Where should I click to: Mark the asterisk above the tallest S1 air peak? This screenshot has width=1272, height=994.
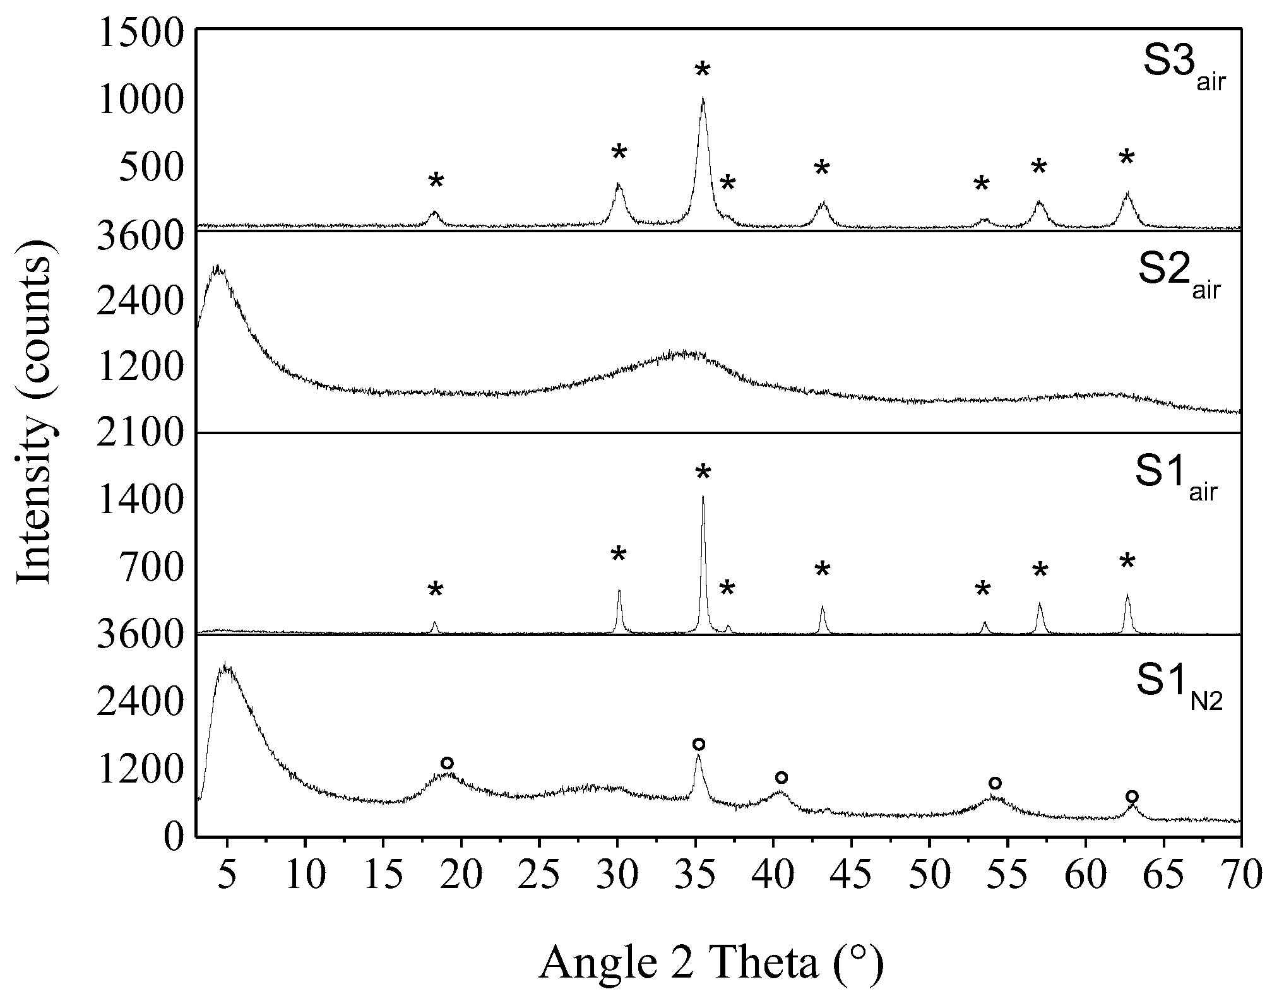coord(703,473)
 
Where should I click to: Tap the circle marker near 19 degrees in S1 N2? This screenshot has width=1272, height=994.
coord(447,763)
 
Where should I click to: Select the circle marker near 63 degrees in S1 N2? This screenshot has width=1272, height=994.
coord(1132,796)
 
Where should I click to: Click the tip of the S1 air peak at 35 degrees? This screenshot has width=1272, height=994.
coord(703,496)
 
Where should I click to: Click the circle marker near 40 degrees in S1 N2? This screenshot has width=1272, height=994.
coord(782,777)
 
